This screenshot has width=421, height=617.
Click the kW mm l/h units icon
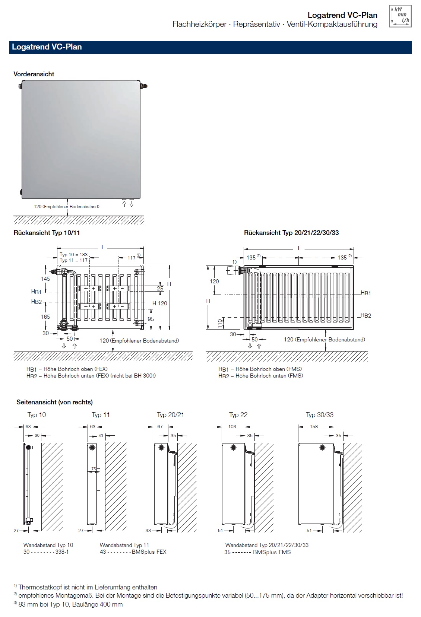pyautogui.click(x=400, y=16)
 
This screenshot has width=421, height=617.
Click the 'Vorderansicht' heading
pyautogui.click(x=34, y=74)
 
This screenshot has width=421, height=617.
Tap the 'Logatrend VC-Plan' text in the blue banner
pyautogui.click(x=47, y=47)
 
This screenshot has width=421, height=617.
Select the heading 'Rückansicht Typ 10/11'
pyautogui.click(x=47, y=233)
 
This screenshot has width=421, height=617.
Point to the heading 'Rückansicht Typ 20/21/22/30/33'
pyautogui.click(x=291, y=233)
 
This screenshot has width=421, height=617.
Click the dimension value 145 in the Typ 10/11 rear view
pyautogui.click(x=45, y=279)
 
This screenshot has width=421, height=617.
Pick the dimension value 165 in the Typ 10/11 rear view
pyautogui.click(x=45, y=317)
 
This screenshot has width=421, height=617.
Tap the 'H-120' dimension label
pyautogui.click(x=160, y=303)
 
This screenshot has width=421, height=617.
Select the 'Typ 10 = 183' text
pyautogui.click(x=73, y=255)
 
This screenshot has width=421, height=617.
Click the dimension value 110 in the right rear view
pyautogui.click(x=220, y=323)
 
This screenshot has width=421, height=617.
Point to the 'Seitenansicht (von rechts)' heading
pyautogui.click(x=54, y=402)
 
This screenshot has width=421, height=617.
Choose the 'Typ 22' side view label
pyautogui.click(x=238, y=415)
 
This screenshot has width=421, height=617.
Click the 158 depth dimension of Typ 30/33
pyautogui.click(x=314, y=427)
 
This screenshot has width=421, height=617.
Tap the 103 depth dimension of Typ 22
pyautogui.click(x=232, y=427)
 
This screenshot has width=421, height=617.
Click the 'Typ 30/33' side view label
pyautogui.click(x=320, y=415)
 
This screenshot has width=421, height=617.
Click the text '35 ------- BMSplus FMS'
pyautogui.click(x=257, y=552)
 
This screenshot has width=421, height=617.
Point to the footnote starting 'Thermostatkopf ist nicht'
pyautogui.click(x=88, y=587)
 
